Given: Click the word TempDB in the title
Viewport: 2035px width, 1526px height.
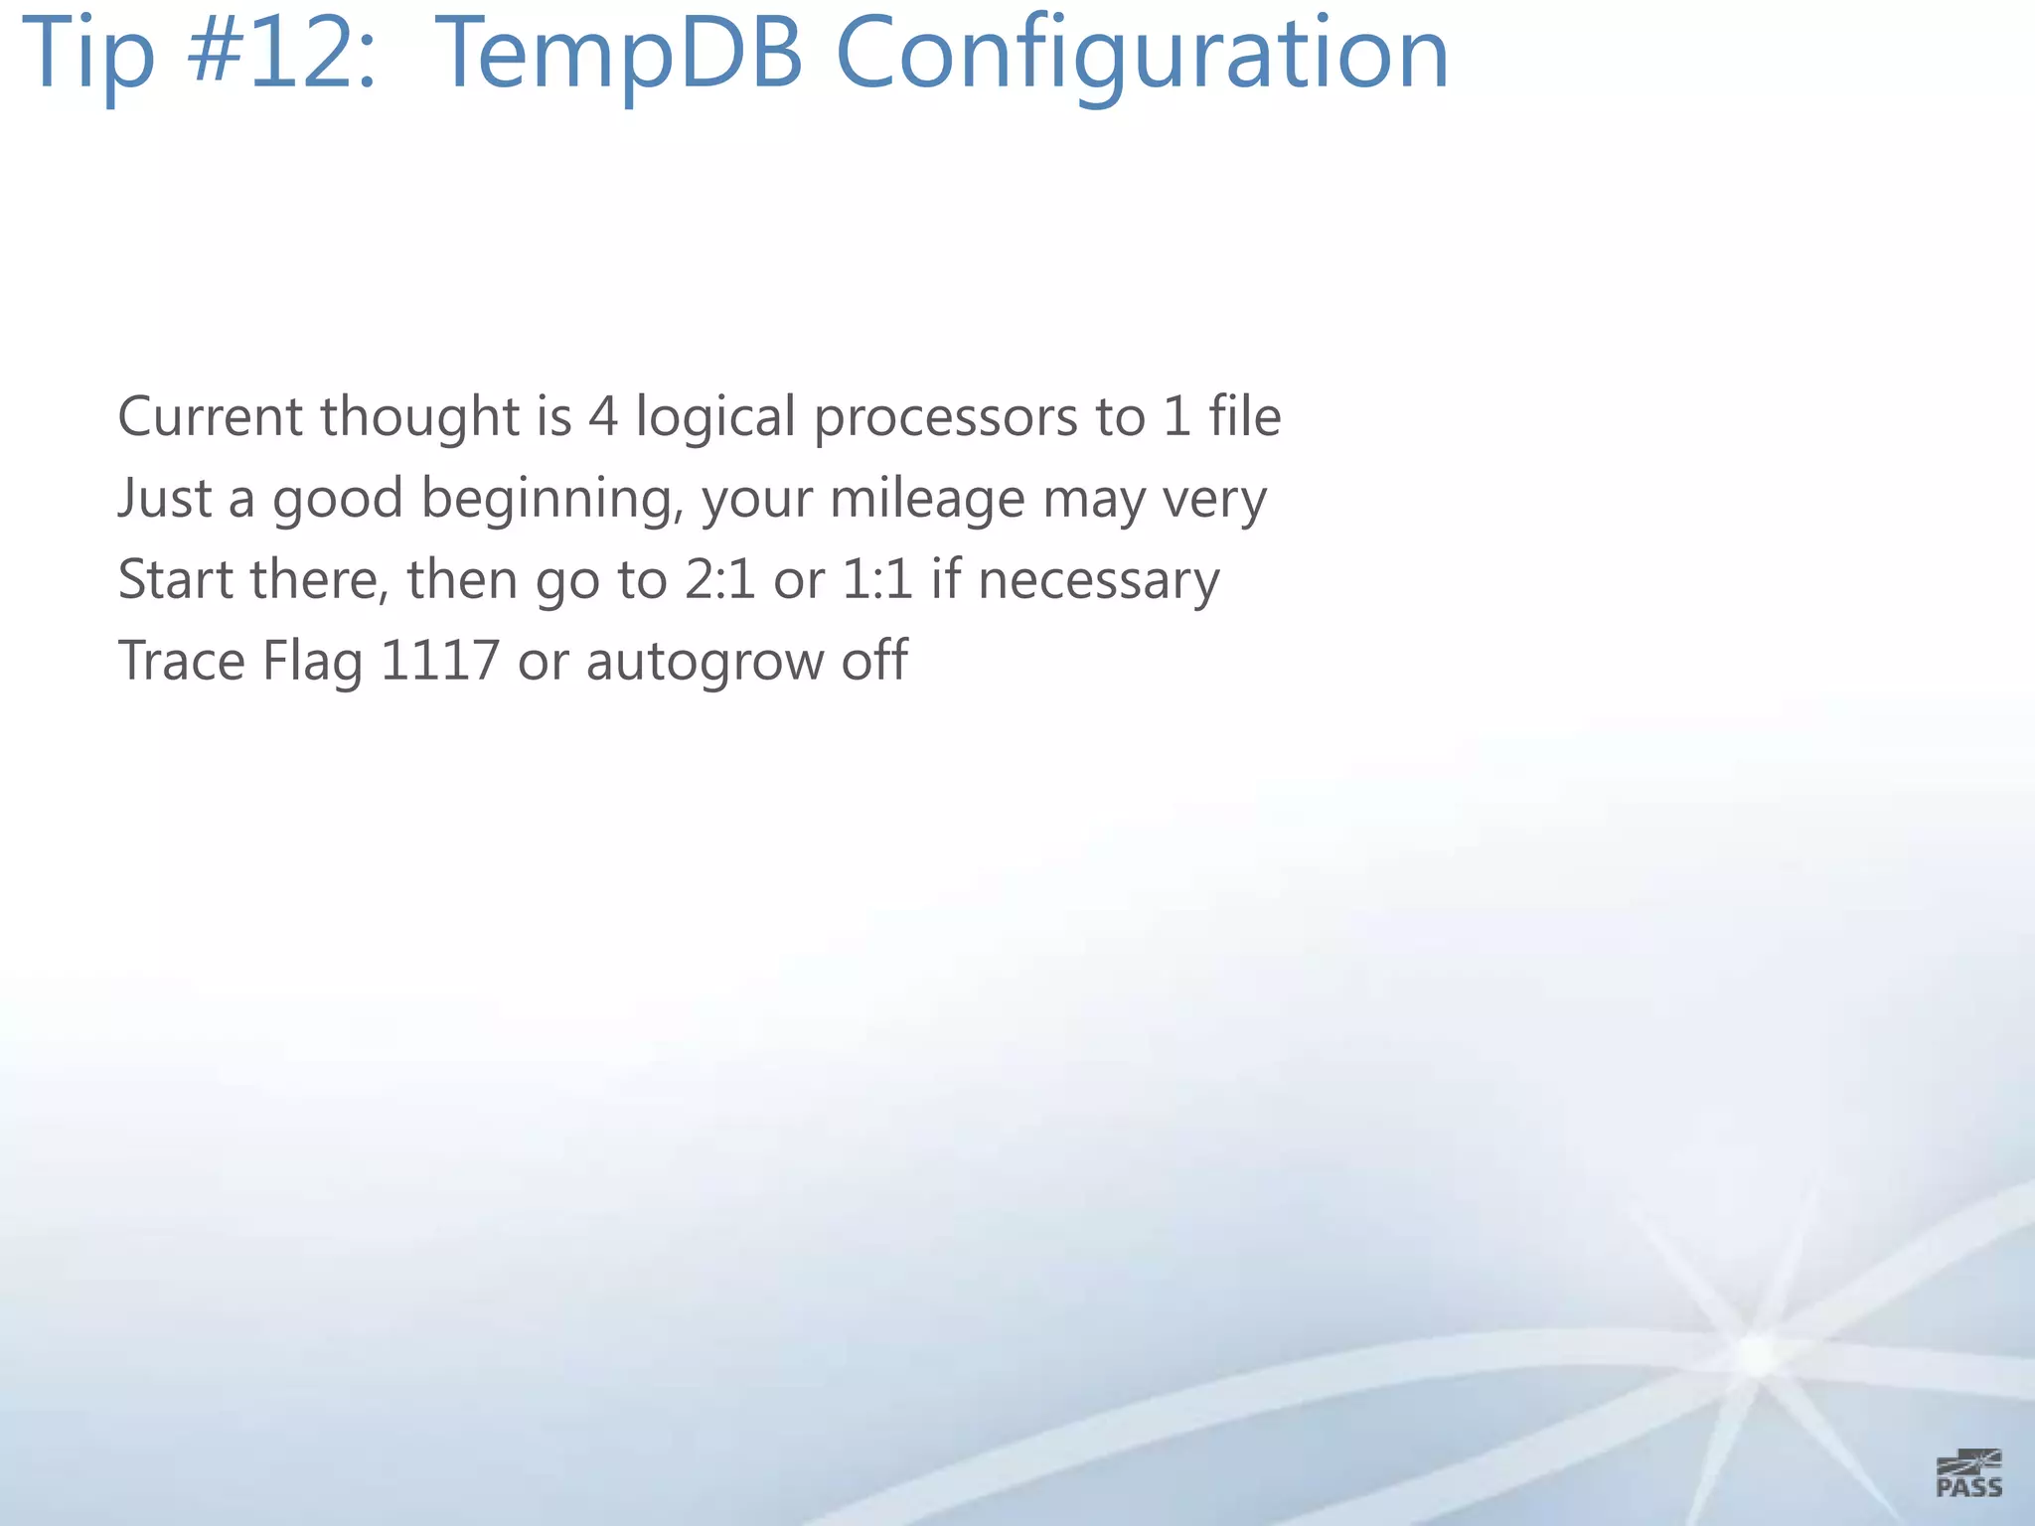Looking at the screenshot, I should [x=619, y=54].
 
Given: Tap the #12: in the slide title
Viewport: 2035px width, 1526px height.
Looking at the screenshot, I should [x=282, y=54].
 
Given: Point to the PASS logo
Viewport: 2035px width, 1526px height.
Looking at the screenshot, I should [x=1968, y=1473].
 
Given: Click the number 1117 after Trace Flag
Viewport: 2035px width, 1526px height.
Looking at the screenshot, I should [x=439, y=661].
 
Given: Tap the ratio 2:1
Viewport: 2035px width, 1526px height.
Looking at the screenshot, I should [x=719, y=579].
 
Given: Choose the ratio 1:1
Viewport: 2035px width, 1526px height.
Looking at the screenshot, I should [x=876, y=579].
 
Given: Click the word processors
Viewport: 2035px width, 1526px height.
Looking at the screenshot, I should [x=945, y=418].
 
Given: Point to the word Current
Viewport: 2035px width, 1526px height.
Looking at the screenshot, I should [x=210, y=416].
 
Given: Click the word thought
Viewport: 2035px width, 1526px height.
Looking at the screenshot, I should [x=419, y=418].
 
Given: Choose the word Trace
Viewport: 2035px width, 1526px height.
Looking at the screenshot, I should [x=181, y=661].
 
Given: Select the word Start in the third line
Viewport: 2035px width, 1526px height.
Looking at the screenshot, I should [x=174, y=579].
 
